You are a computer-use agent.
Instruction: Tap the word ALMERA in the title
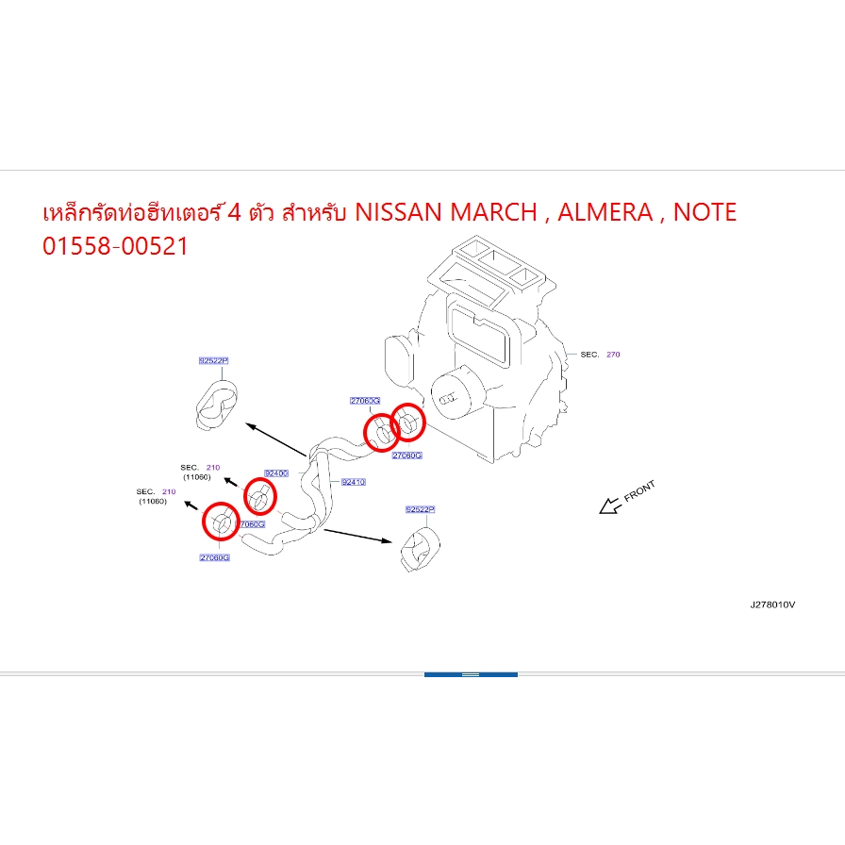605,212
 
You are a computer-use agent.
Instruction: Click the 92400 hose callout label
275,472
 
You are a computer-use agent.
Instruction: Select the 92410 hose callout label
353,482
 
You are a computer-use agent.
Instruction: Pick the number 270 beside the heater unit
613,355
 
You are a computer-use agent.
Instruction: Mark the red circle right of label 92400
259,496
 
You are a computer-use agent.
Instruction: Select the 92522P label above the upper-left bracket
213,360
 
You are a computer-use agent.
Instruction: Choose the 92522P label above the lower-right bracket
420,509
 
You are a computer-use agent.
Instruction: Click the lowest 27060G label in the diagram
215,557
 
